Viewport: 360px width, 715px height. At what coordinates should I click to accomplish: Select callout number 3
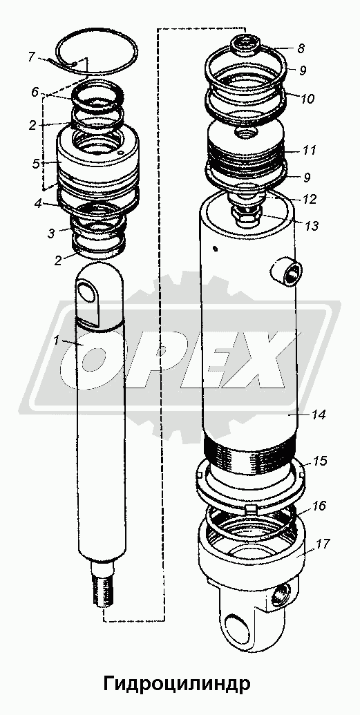click(x=52, y=233)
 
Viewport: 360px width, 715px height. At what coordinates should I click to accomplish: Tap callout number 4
click(x=37, y=204)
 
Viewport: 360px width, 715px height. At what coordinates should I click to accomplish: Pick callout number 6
click(x=35, y=92)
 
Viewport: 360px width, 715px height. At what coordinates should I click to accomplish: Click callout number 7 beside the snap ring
click(x=32, y=57)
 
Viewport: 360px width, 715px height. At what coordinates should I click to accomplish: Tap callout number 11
click(x=309, y=150)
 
